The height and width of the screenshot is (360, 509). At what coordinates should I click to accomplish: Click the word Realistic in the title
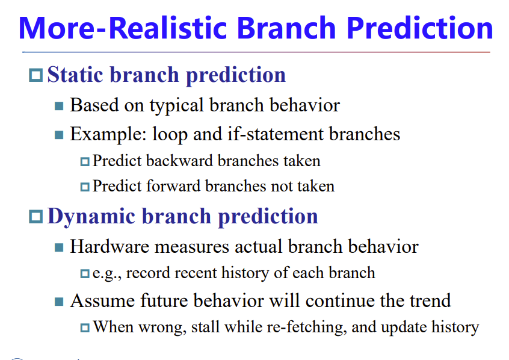[x=167, y=28]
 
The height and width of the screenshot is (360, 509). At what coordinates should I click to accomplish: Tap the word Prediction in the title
[x=420, y=28]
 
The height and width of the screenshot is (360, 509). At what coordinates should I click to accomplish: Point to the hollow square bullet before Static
[x=35, y=75]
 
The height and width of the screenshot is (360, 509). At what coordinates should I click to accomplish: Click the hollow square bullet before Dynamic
[x=35, y=217]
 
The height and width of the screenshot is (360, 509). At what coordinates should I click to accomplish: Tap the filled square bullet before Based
[x=59, y=106]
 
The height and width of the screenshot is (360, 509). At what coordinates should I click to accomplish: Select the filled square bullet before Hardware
[x=59, y=247]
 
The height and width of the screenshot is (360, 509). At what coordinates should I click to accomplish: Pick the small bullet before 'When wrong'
[x=85, y=327]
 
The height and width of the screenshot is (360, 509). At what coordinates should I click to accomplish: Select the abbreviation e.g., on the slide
[x=107, y=273]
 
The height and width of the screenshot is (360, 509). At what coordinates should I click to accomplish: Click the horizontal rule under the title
[x=256, y=52]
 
